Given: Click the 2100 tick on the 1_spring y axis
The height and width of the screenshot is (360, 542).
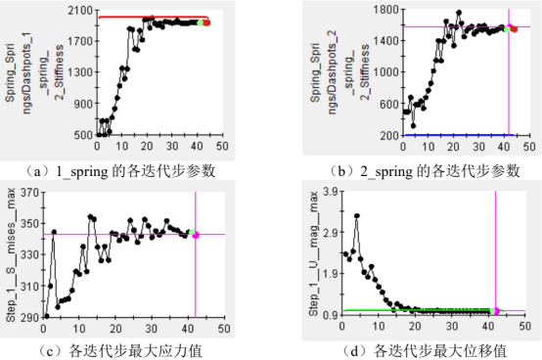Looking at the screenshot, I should (x=80, y=10).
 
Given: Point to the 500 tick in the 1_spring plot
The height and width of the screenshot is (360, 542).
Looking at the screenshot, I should (x=83, y=134).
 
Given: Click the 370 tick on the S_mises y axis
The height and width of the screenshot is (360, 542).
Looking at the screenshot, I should (x=81, y=194).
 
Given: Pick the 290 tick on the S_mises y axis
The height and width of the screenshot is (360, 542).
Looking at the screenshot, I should (x=81, y=317).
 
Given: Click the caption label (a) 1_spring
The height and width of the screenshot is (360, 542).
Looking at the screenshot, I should (x=131, y=170).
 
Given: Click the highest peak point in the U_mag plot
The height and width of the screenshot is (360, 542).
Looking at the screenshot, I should (x=356, y=215).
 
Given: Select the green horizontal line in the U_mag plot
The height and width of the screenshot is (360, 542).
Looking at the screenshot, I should (x=440, y=310).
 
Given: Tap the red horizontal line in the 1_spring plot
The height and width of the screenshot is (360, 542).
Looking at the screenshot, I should (x=147, y=18).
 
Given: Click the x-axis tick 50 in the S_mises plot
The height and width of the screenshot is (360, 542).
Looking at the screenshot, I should (x=222, y=327).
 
